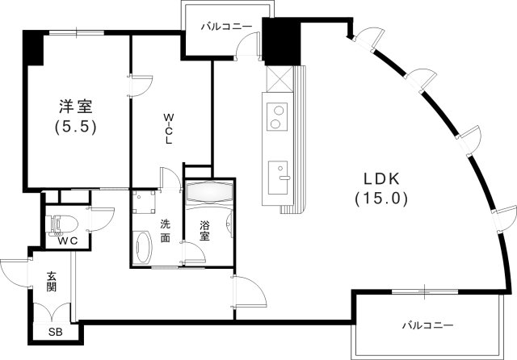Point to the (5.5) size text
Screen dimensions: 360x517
click(75, 127)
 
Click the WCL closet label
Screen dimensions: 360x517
click(169, 128)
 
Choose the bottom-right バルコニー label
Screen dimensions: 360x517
click(428, 326)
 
